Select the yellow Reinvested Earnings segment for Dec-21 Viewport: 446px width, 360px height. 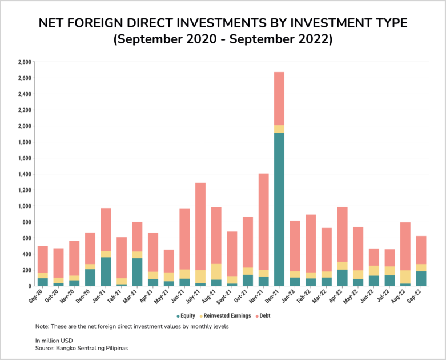click(x=279, y=129)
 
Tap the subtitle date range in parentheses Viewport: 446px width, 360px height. click(x=223, y=40)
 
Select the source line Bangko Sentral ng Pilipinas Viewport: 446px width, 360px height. click(x=82, y=347)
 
